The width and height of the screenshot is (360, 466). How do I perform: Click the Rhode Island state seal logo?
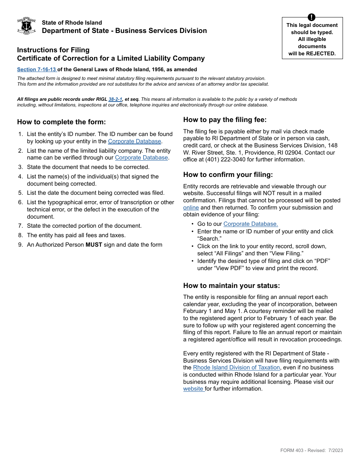[x=27, y=26]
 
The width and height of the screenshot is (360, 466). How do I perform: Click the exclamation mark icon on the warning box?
[x=311, y=17]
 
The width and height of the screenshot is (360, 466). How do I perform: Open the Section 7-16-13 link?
[x=36, y=69]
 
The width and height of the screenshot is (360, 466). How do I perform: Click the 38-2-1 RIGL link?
[x=115, y=99]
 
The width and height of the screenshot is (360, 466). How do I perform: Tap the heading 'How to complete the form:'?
[x=61, y=122]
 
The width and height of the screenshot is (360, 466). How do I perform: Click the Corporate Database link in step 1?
[x=135, y=141]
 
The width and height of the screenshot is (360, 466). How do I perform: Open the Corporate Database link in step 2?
[x=141, y=158]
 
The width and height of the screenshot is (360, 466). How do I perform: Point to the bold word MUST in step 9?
[x=94, y=245]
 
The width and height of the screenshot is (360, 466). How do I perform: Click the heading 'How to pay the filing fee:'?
[x=225, y=120]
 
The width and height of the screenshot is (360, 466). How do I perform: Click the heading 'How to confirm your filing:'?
[x=228, y=175]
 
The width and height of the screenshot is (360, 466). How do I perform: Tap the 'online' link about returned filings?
[x=191, y=208]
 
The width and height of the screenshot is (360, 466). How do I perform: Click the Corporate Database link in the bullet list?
[x=250, y=224]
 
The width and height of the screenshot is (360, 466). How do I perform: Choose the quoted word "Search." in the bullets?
[x=209, y=239]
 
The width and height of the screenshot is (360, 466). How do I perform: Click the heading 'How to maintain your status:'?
[x=232, y=286]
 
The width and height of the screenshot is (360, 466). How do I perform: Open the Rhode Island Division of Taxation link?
[x=236, y=367]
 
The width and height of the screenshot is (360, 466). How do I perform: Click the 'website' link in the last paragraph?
[x=193, y=389]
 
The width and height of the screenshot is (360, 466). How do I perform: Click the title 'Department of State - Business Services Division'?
[x=124, y=31]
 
